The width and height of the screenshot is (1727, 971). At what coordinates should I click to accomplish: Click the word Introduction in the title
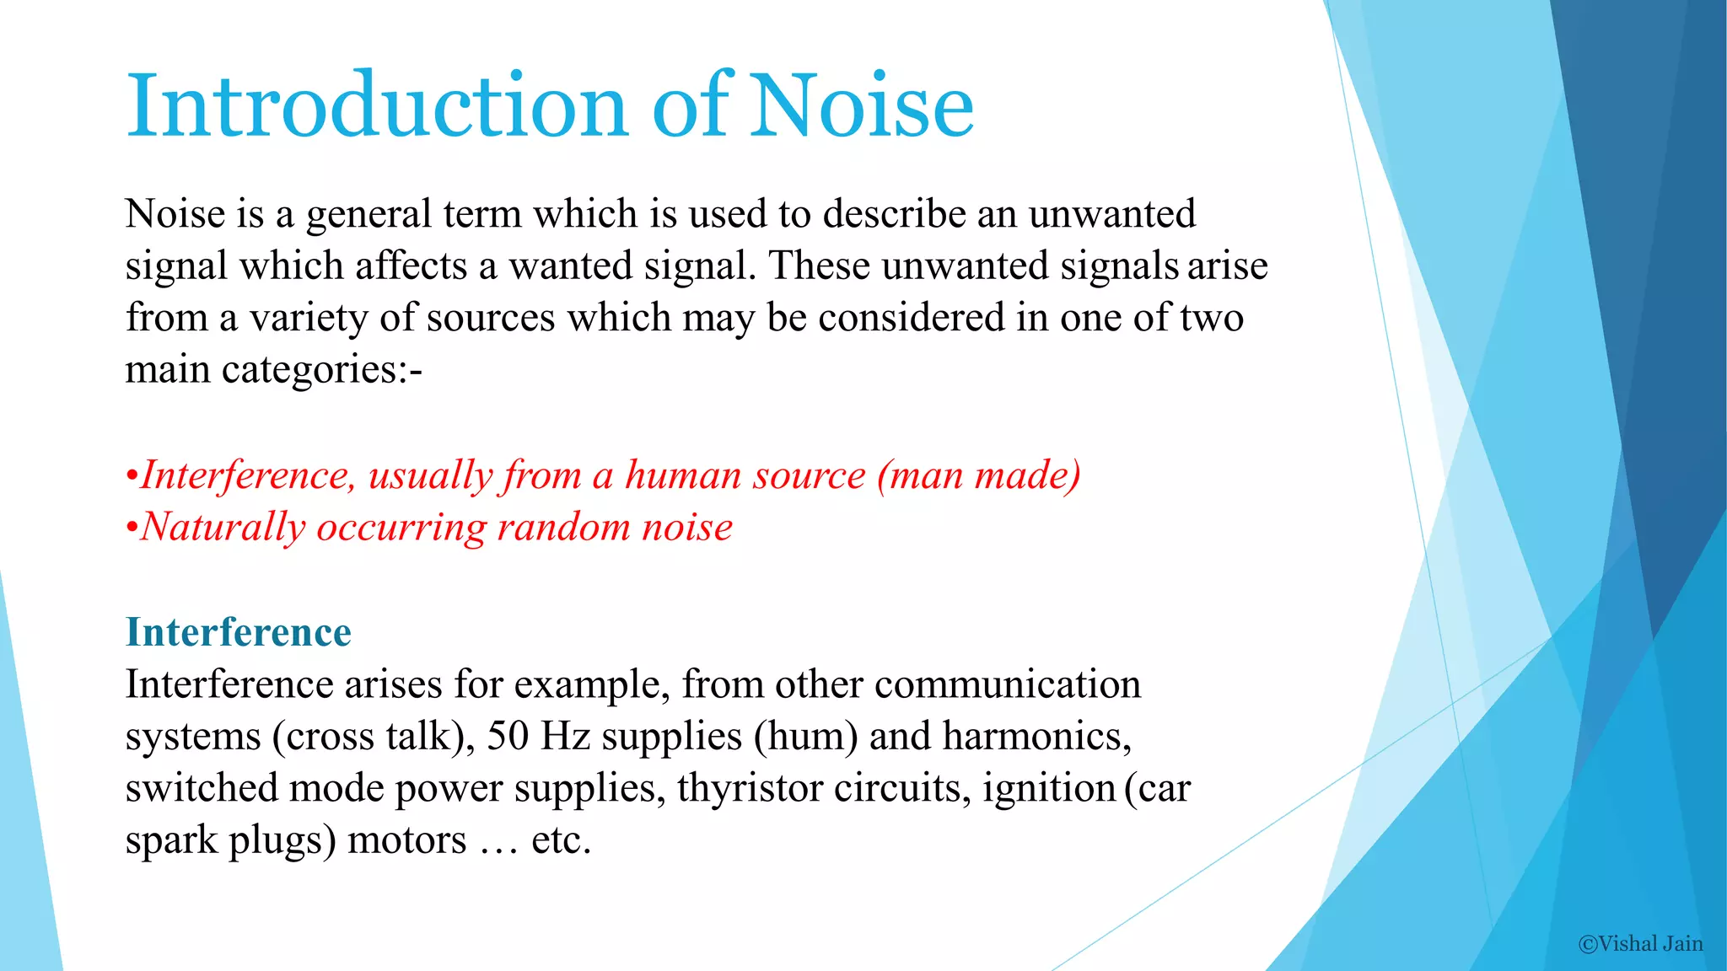(376, 105)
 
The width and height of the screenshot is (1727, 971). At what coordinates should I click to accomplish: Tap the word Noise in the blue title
(862, 105)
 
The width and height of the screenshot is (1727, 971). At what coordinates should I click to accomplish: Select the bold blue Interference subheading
(239, 632)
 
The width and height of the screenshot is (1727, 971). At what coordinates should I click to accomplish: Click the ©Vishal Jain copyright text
(1640, 943)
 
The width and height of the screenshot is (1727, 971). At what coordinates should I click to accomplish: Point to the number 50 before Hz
(508, 736)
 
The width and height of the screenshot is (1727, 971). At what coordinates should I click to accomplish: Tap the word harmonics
(1036, 736)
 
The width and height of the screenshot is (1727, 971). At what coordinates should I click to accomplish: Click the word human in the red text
(682, 475)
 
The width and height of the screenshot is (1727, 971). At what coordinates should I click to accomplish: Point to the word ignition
(1049, 788)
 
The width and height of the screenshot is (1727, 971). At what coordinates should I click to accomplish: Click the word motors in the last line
(406, 840)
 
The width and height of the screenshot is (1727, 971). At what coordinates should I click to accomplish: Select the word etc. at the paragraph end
(561, 840)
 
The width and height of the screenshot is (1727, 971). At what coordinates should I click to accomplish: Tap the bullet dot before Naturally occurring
(131, 528)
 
